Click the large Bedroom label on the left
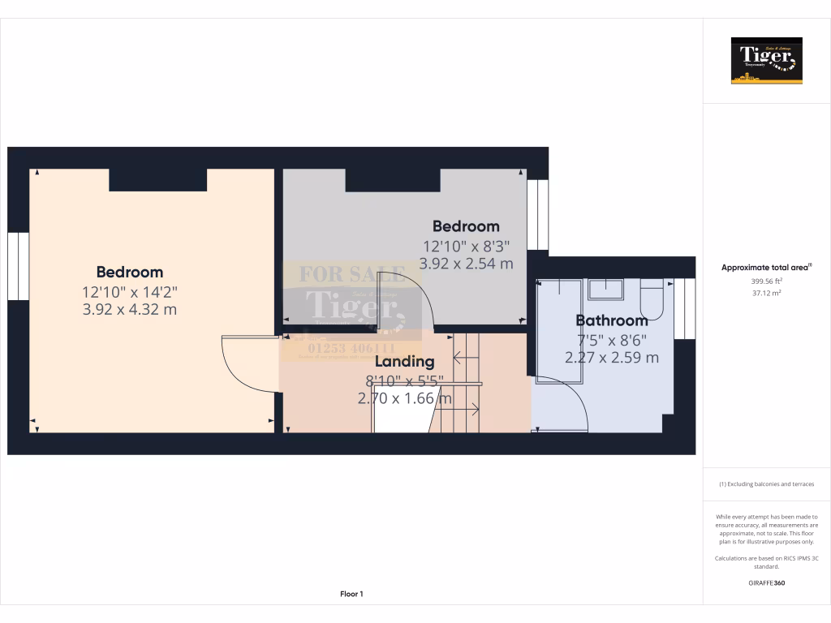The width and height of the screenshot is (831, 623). [x=130, y=272]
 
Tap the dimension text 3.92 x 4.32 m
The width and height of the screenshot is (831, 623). [x=130, y=309]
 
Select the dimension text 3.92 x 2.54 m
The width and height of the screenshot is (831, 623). [x=466, y=263]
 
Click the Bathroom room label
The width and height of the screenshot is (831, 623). [x=612, y=320]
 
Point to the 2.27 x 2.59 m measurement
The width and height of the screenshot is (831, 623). [x=612, y=357]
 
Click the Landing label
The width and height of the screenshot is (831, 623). [x=404, y=361]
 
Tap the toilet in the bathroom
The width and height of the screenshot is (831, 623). [x=652, y=299]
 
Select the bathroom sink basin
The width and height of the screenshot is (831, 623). [x=605, y=290]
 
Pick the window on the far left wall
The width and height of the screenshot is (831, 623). [x=18, y=266]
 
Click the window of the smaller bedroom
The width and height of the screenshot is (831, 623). [x=537, y=214]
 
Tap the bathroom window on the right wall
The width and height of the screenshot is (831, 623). [x=685, y=308]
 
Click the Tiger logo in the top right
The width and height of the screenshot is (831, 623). [x=766, y=61]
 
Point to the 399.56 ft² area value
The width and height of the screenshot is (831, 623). [x=766, y=281]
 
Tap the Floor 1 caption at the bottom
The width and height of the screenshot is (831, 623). [x=351, y=594]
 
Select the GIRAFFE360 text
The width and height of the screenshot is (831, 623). [x=766, y=582]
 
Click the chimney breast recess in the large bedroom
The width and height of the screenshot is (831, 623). [x=157, y=179]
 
